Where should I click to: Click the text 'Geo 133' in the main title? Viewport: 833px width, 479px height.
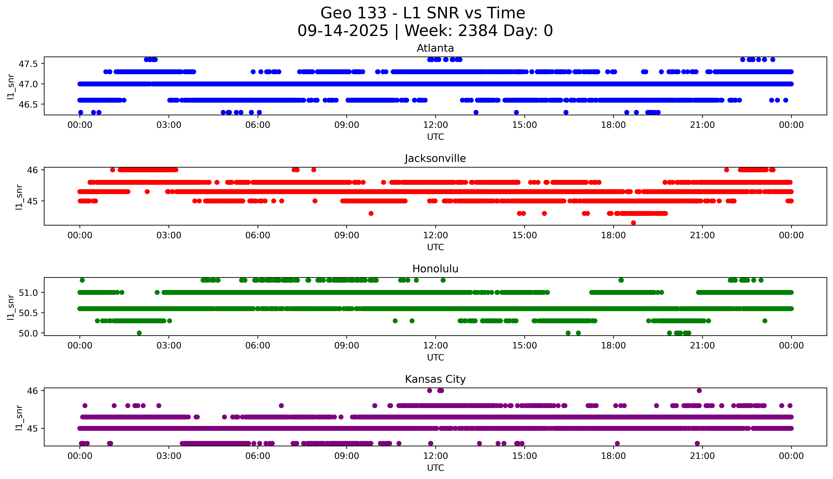click(x=353, y=13)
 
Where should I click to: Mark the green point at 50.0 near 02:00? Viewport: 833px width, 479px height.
click(x=139, y=333)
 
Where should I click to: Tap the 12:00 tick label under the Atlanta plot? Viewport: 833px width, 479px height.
click(x=435, y=125)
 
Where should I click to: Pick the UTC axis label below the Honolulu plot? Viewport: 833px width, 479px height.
click(x=435, y=357)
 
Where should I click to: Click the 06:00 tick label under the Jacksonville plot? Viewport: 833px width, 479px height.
click(x=258, y=235)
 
